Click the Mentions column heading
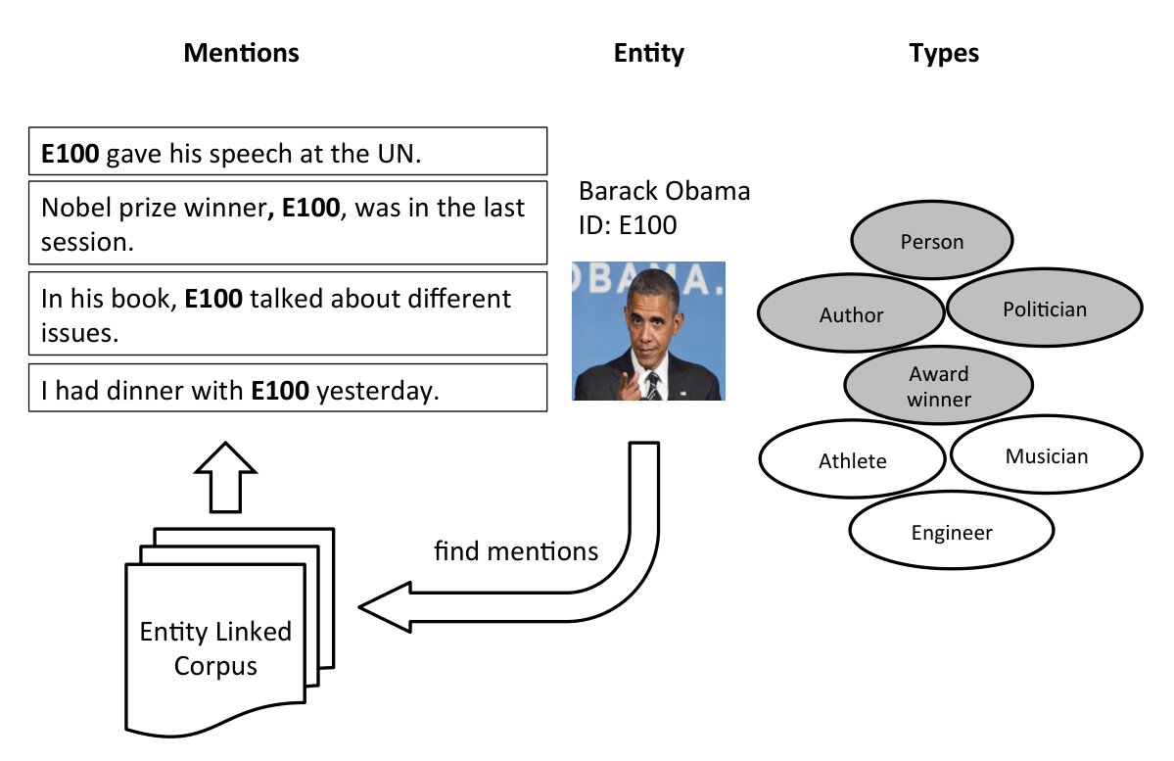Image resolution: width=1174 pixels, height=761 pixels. (x=241, y=53)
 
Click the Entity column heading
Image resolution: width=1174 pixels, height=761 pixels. (x=648, y=53)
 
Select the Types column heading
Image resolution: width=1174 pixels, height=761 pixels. (x=943, y=53)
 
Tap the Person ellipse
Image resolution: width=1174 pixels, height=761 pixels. (x=932, y=240)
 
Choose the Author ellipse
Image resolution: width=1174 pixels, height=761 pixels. (x=851, y=313)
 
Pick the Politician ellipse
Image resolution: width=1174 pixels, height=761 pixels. (x=1045, y=308)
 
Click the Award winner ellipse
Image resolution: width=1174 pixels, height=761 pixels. (x=939, y=385)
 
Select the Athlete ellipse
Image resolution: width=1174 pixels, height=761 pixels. (x=852, y=459)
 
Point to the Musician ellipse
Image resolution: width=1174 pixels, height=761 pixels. (x=1047, y=454)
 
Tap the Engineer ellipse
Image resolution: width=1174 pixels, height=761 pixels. (x=952, y=530)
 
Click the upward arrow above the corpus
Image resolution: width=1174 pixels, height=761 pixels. (x=225, y=477)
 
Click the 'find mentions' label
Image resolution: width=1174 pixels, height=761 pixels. (x=516, y=551)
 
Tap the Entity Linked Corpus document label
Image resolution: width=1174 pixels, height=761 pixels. (x=215, y=648)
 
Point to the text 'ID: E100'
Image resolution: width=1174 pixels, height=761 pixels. (x=628, y=224)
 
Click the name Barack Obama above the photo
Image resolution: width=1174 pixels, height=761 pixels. (x=664, y=191)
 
